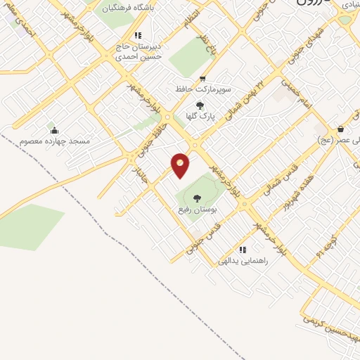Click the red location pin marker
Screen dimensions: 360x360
pos(181,165)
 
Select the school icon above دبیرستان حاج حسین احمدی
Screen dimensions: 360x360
pos(139,35)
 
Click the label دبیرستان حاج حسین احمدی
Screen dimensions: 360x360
pos(139,51)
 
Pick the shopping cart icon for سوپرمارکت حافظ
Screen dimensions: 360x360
pos(202,79)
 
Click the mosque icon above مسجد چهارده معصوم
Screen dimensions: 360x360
pos(54,130)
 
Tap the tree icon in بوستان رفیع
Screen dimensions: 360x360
pos(196,199)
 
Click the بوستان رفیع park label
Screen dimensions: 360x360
pos(196,210)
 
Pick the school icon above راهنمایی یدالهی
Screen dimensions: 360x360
pos(243,250)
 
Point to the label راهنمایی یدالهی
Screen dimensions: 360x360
pos(243,261)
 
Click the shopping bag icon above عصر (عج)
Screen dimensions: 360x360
pos(340,129)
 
